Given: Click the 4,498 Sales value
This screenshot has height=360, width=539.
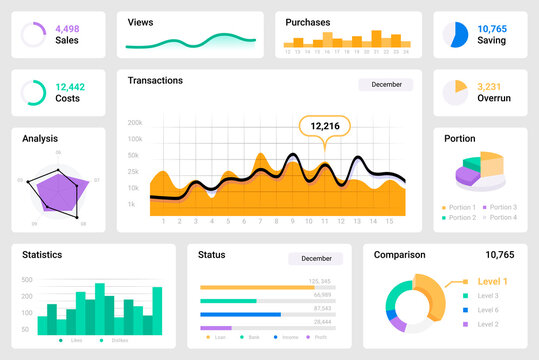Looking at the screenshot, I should [67, 28].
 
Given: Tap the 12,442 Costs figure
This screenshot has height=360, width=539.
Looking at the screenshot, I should [70, 87].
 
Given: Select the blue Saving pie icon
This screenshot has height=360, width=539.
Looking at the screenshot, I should [458, 35].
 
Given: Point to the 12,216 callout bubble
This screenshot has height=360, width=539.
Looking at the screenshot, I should [325, 126].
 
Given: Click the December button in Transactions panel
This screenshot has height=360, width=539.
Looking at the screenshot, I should [386, 85].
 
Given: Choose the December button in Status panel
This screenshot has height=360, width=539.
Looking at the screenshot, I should [315, 258].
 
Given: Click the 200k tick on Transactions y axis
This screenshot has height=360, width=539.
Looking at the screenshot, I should [135, 123].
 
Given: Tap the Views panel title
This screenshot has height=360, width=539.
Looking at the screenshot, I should [141, 21].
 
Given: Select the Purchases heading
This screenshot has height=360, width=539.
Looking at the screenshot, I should [308, 22].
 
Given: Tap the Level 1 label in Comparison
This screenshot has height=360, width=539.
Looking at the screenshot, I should [492, 282].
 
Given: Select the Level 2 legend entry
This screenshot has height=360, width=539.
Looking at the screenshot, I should [487, 324].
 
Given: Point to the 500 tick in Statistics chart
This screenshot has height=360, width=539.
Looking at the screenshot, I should [27, 281].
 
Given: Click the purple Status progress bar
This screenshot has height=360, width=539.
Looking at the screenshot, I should [215, 327].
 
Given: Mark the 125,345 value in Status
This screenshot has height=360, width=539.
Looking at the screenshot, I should [321, 281].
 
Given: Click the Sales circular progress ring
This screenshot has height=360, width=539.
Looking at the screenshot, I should [33, 35].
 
